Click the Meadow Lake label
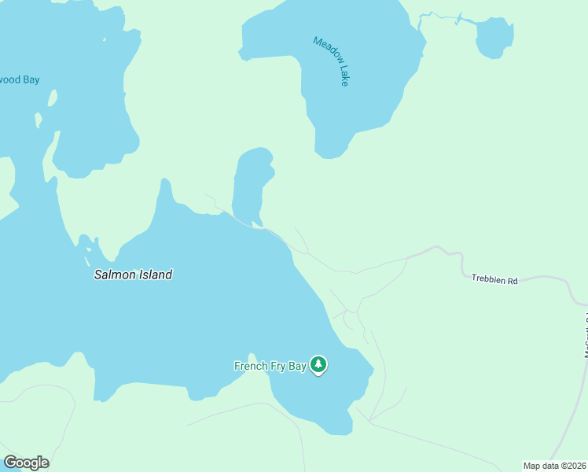[331, 61]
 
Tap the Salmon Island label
[133, 275]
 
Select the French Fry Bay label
[270, 365]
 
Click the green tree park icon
[318, 364]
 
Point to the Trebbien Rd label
[494, 279]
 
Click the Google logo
[26, 463]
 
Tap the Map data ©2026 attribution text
[555, 466]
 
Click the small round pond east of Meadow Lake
[494, 38]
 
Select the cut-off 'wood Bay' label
[20, 79]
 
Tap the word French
[251, 365]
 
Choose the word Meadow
[325, 50]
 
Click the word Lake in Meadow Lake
[342, 75]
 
